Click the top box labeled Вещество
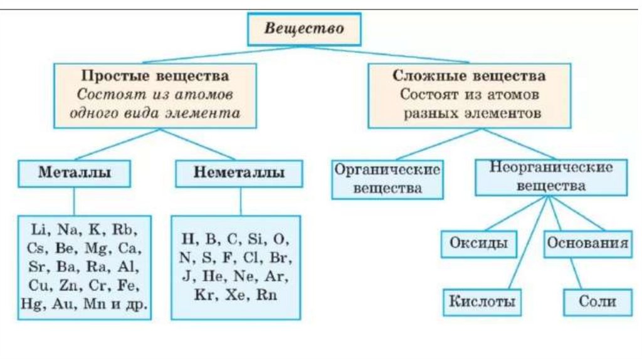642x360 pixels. click(304, 29)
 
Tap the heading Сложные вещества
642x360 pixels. click(469, 76)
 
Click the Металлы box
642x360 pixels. click(75, 172)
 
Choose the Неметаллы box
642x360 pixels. click(239, 172)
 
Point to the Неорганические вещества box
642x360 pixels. click(550, 177)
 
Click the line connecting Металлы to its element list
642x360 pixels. click(75, 201)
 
